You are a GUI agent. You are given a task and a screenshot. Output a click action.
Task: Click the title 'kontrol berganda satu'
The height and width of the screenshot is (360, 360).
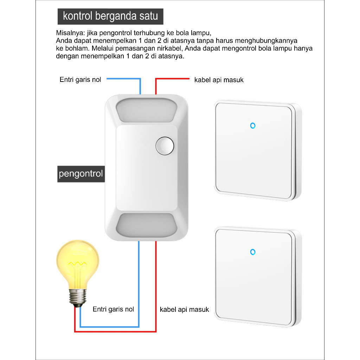[110, 16]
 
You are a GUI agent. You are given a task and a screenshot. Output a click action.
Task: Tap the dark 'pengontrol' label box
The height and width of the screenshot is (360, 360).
[81, 174]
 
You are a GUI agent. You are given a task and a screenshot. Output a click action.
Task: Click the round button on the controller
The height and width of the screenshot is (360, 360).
[165, 146]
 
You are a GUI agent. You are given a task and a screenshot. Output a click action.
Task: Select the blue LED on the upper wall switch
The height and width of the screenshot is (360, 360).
[252, 126]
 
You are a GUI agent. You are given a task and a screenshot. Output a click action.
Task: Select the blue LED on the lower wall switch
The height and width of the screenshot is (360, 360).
[252, 252]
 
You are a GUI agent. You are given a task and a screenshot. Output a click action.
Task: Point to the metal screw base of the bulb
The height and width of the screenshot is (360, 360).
[78, 297]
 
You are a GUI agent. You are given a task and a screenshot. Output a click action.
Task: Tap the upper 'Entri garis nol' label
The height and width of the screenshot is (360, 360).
[81, 80]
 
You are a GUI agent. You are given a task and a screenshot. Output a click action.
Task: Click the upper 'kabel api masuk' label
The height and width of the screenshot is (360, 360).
[219, 80]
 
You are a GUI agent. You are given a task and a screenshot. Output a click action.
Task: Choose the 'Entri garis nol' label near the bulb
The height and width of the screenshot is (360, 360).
[113, 309]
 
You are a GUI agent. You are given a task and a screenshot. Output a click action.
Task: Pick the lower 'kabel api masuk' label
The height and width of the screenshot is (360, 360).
[184, 309]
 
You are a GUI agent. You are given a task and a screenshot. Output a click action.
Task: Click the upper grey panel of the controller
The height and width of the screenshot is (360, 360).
[146, 110]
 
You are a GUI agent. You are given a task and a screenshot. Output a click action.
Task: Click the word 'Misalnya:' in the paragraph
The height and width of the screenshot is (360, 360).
[70, 33]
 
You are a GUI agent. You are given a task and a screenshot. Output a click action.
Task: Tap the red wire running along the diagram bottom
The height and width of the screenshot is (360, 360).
[115, 332]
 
